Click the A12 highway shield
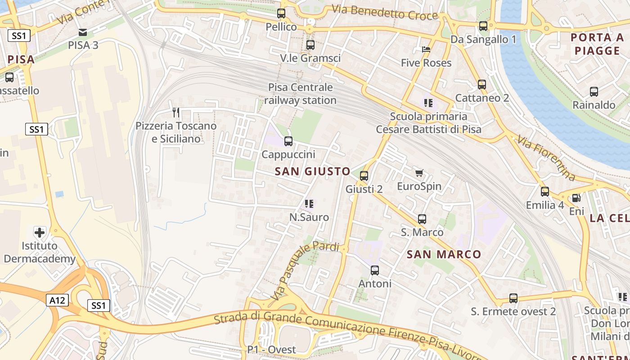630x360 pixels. [57, 300]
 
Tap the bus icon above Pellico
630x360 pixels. [281, 13]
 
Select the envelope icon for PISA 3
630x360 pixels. [83, 32]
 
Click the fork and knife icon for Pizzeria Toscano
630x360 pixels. [176, 112]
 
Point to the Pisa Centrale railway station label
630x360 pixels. [300, 94]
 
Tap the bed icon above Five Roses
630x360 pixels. [426, 49]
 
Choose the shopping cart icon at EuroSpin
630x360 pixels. [419, 173]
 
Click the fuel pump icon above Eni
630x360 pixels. [576, 198]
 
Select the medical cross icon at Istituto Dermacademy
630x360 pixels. [40, 233]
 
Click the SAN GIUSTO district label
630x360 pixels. [312, 171]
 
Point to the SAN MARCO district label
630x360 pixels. [444, 254]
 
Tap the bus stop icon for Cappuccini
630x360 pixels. [288, 141]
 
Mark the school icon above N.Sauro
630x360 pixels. [309, 204]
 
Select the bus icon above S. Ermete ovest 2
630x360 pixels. [513, 298]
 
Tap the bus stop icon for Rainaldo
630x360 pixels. [594, 92]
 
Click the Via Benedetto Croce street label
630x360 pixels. [385, 12]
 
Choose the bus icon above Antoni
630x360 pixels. [375, 270]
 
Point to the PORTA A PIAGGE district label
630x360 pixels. [597, 44]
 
